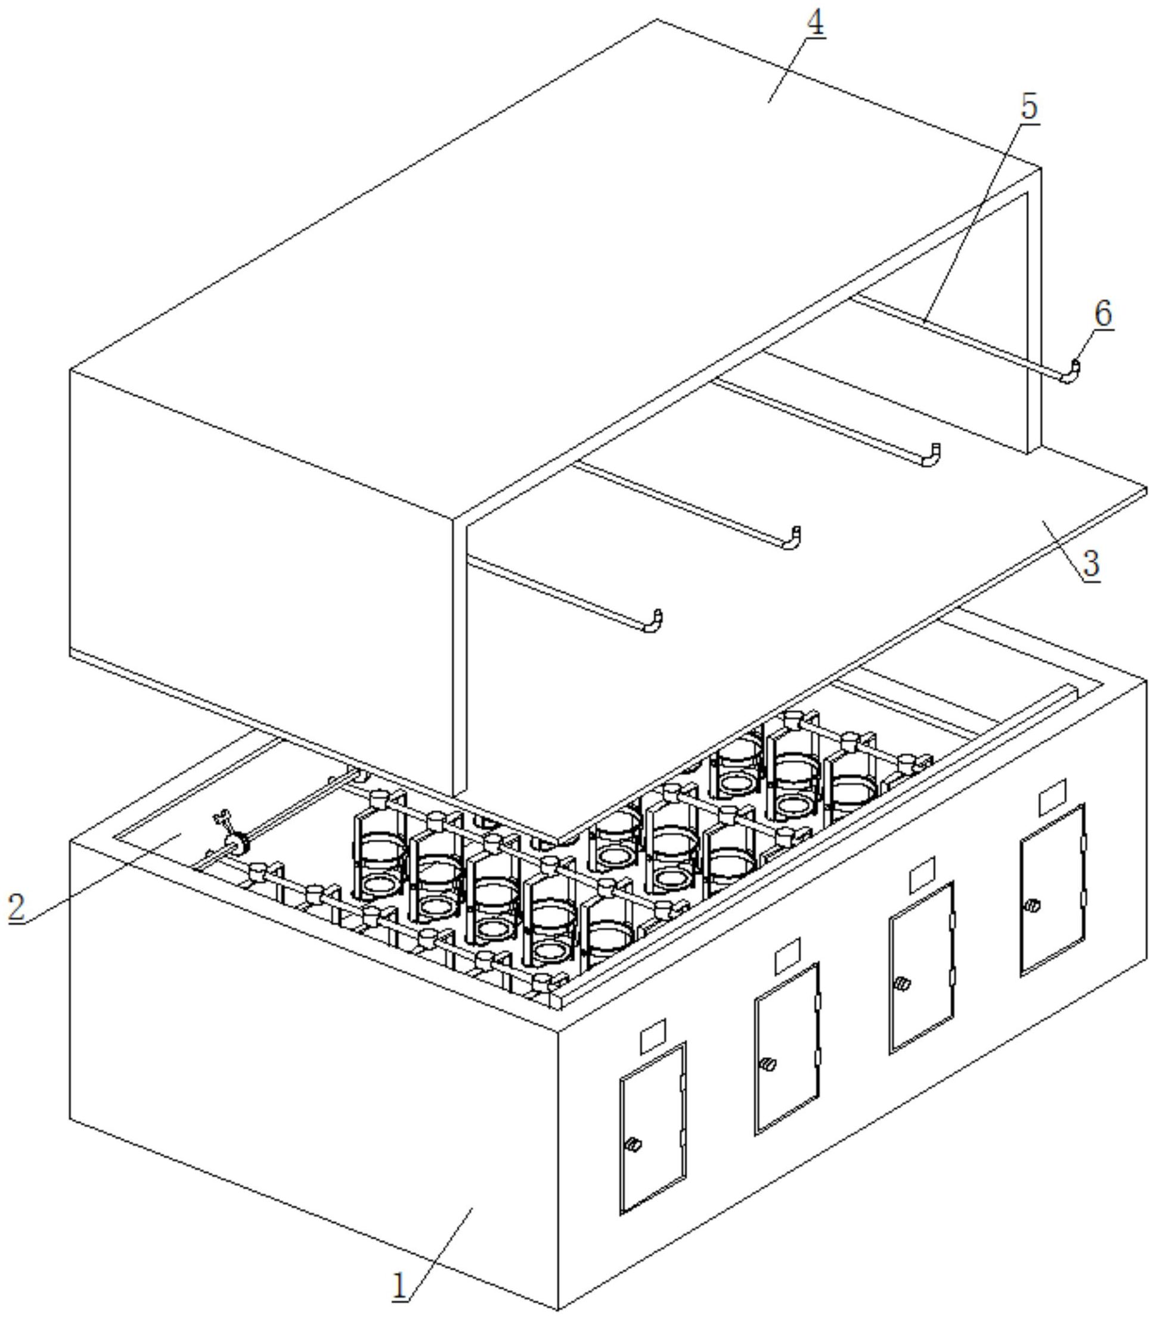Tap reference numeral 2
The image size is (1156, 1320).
tap(17, 906)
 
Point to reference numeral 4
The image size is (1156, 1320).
tap(816, 24)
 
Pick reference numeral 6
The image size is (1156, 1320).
tap(1104, 314)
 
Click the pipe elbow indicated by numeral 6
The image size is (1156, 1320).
tap(1070, 372)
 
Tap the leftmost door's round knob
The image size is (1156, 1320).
tap(634, 1145)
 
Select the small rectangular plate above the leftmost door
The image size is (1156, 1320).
tap(652, 1036)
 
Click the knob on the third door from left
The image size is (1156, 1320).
tap(901, 984)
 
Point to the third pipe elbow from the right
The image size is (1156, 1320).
tap(792, 538)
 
